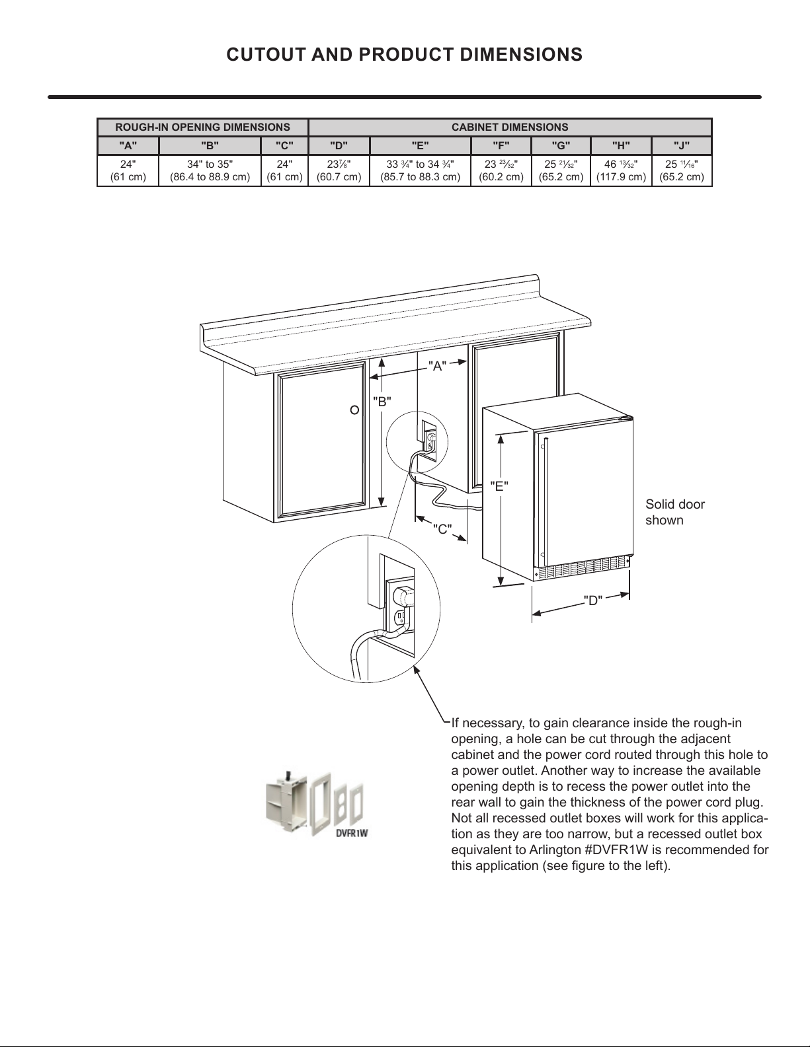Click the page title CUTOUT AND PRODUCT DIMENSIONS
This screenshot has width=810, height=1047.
coord(404,54)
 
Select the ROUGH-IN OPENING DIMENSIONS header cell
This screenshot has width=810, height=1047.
coord(202,127)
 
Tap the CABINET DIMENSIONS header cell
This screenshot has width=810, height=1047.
coord(509,127)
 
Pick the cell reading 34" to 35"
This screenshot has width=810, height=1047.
coord(210,170)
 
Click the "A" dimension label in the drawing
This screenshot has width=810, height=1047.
coord(437,366)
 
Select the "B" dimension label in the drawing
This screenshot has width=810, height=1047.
coord(382,401)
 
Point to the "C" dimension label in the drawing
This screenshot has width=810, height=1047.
coord(442,528)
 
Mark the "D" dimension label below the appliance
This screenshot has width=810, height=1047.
coord(593,600)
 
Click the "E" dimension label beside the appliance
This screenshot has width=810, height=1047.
coord(499,487)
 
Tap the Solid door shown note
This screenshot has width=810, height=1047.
coord(675,512)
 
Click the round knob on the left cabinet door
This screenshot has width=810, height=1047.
coord(354,410)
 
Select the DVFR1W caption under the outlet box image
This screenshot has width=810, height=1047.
coord(351,833)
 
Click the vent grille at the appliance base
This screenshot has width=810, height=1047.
coord(582,566)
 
